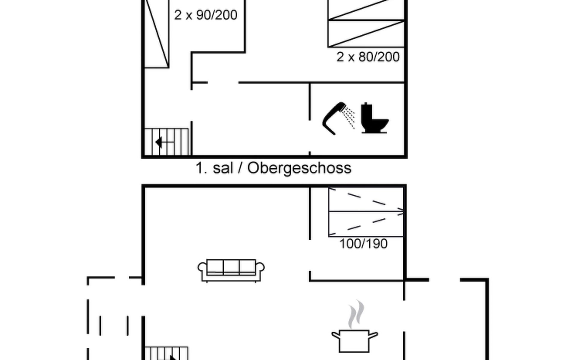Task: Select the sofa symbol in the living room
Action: [231, 270]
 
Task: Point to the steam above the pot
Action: [356, 314]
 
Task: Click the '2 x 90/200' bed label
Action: [206, 15]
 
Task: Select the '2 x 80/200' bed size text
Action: [368, 57]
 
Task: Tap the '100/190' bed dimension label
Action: [363, 244]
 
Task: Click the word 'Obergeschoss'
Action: [299, 168]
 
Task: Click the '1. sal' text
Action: [214, 168]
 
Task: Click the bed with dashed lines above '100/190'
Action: [366, 212]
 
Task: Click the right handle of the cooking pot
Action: [373, 335]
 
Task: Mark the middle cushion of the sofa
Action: [231, 267]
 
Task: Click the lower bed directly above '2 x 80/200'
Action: [366, 34]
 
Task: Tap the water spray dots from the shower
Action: [349, 117]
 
